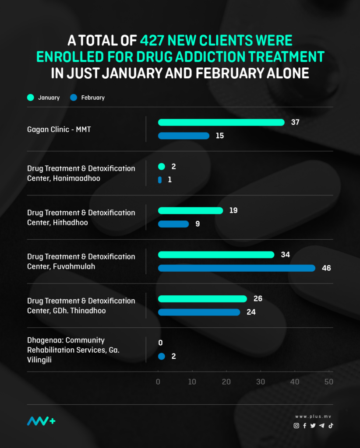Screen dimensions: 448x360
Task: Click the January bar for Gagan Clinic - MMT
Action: point(221,122)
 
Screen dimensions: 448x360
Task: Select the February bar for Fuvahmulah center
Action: point(236,268)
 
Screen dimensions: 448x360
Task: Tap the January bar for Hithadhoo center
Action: point(191,211)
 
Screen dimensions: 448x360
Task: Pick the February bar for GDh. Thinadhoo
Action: point(199,312)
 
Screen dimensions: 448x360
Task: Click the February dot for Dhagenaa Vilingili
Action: point(161,357)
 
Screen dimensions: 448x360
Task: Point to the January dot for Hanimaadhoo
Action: point(161,167)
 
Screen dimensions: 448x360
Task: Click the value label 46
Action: point(326,268)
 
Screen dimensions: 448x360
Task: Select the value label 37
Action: point(295,122)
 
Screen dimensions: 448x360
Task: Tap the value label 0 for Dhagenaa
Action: point(160,343)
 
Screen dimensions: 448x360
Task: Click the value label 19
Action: point(233,211)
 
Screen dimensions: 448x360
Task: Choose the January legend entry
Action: point(44,98)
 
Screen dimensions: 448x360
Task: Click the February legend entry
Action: point(88,98)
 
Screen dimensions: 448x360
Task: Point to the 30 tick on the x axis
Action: point(261,382)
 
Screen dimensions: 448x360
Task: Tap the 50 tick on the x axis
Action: point(328,382)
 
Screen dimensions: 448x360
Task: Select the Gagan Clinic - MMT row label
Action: point(59,129)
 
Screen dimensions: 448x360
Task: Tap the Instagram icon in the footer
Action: point(296,426)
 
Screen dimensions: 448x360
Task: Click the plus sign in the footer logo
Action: point(53,421)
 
